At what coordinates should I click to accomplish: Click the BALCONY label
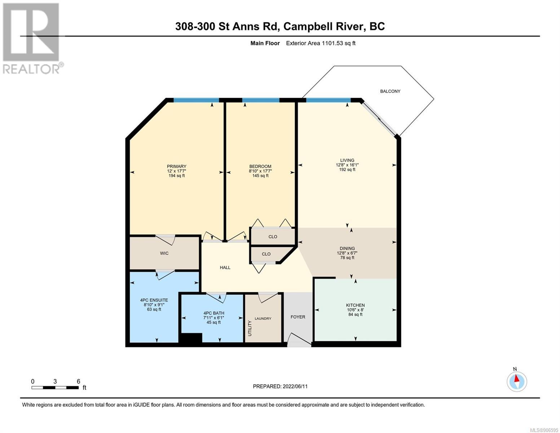(x=390, y=91)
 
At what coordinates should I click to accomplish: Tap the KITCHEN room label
(x=355, y=305)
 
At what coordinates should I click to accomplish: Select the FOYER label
(x=297, y=317)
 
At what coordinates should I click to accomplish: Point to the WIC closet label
(x=164, y=253)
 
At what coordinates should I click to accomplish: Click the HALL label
(x=225, y=267)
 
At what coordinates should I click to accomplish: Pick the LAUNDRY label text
(x=263, y=319)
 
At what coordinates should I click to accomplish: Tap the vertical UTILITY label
(x=250, y=328)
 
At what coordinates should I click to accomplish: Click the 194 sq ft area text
(x=177, y=176)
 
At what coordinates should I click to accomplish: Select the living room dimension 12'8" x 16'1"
(x=347, y=165)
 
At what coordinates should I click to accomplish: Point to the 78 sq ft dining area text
(x=347, y=258)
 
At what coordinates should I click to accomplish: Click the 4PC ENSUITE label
(x=154, y=300)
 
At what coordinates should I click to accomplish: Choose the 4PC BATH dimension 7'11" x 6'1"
(x=213, y=318)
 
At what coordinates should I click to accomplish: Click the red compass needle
(x=516, y=379)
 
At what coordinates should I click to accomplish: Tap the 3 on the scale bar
(x=55, y=381)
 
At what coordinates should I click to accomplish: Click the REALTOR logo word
(x=31, y=69)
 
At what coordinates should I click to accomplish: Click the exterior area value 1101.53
(x=332, y=43)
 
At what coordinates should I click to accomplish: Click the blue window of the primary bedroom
(x=196, y=100)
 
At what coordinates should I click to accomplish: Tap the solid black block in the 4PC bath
(x=190, y=338)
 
